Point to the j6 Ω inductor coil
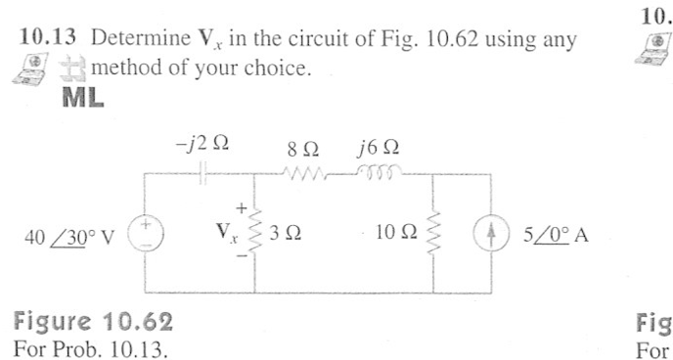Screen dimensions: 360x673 377,174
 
